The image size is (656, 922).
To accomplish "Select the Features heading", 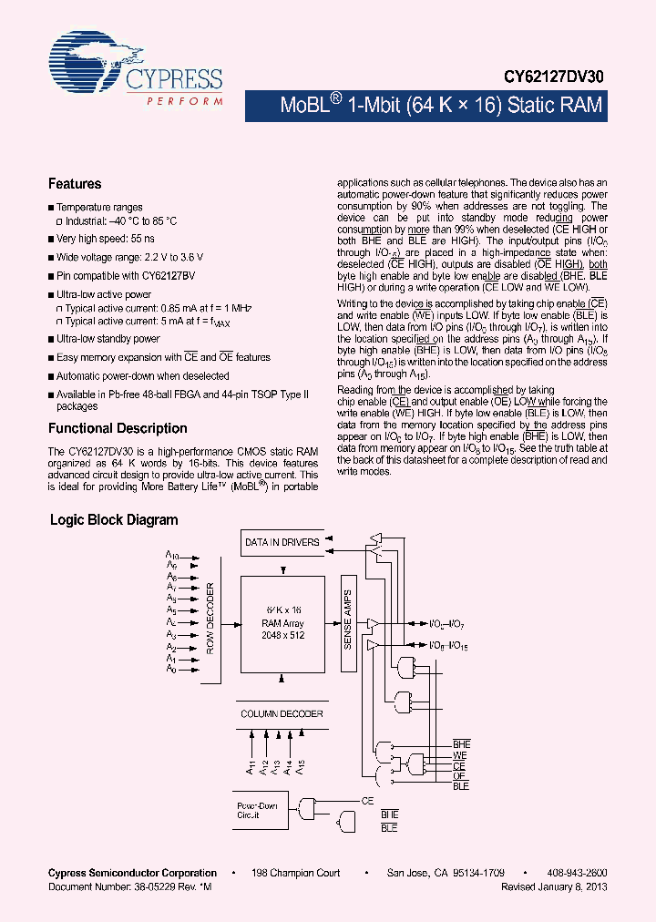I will pyautogui.click(x=75, y=184).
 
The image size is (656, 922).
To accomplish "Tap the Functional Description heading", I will pyautogui.click(x=118, y=428).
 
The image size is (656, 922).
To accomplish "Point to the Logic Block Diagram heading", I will pyautogui.click(x=113, y=520).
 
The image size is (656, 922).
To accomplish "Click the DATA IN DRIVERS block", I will pyautogui.click(x=282, y=542).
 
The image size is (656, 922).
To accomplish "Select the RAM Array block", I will pyautogui.click(x=282, y=623).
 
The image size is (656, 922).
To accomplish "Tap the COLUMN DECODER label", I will pyautogui.click(x=282, y=713).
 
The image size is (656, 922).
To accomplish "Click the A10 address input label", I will pyautogui.click(x=172, y=553).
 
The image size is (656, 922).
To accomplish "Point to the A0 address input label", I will pyautogui.click(x=170, y=670).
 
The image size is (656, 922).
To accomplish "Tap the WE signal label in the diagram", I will pyautogui.click(x=460, y=756).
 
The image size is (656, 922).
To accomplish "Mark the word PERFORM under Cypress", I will pyautogui.click(x=184, y=100).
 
